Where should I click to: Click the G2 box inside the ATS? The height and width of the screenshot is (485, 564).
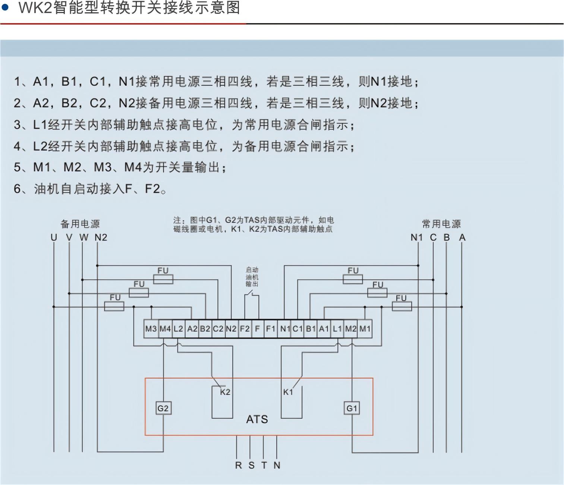click(163, 408)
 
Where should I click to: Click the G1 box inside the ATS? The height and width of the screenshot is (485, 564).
click(352, 408)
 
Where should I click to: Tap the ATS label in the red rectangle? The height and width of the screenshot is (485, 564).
click(257, 419)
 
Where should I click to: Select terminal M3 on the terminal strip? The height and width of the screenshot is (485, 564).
click(151, 329)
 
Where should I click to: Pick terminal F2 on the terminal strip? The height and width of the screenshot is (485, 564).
click(245, 329)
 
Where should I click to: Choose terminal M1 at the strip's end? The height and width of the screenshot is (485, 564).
click(365, 329)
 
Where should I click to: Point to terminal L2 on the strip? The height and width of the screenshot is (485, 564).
click(178, 329)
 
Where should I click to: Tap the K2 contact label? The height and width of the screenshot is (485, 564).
click(225, 392)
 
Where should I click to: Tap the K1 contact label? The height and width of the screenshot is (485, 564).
click(288, 392)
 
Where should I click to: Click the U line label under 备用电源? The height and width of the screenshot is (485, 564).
click(54, 237)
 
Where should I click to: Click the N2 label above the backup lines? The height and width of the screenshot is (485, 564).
click(101, 237)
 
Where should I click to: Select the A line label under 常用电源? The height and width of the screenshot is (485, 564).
click(462, 237)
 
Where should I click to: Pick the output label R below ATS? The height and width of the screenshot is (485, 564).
click(238, 465)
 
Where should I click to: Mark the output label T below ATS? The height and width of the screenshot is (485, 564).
click(264, 465)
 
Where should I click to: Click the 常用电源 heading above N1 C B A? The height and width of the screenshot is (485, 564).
click(441, 224)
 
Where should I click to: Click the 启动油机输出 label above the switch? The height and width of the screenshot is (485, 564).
click(252, 277)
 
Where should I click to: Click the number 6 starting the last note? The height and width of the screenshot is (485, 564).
click(17, 189)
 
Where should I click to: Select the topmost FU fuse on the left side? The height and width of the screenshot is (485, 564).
click(163, 279)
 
